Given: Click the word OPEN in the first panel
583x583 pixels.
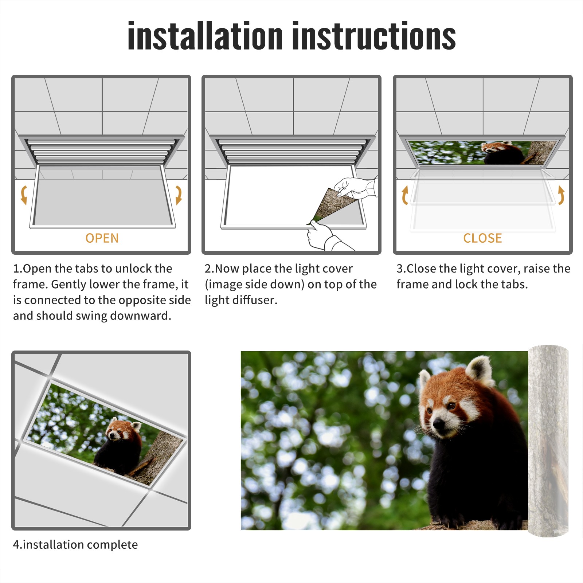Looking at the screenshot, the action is click(x=102, y=238).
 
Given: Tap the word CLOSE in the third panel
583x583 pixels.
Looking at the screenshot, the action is click(x=482, y=238).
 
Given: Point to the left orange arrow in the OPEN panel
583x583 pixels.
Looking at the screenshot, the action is click(x=24, y=195).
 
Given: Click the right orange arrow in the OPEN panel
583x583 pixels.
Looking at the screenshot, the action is click(x=179, y=195).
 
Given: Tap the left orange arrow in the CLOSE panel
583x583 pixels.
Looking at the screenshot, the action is click(x=405, y=195).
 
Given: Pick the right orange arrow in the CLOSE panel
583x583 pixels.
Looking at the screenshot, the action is click(x=561, y=195).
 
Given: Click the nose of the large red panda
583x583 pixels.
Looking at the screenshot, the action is click(x=439, y=423).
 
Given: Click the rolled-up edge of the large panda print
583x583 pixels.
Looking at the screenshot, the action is click(x=548, y=441).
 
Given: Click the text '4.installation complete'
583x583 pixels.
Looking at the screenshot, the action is click(x=75, y=545).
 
